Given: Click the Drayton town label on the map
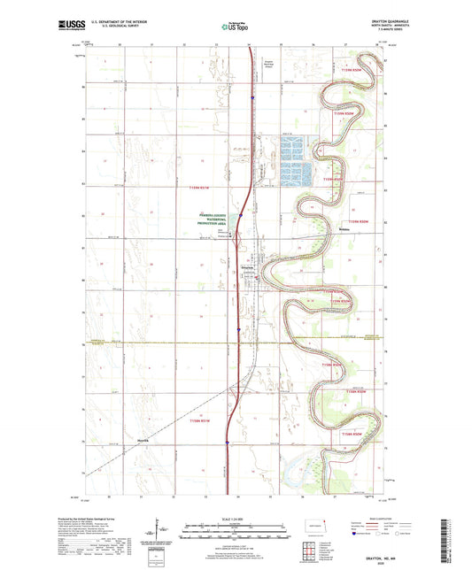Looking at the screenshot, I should pyautogui.click(x=250, y=267).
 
